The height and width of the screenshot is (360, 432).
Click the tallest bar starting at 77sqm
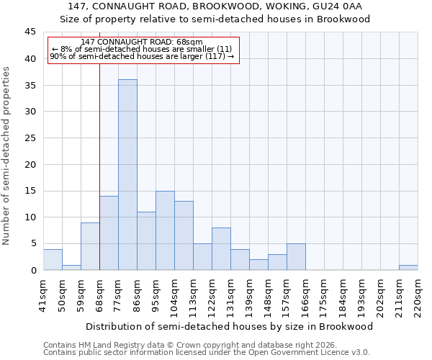(127, 175)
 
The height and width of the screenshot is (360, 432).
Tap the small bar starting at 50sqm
(71, 267)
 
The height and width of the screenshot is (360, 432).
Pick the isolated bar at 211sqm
(408, 267)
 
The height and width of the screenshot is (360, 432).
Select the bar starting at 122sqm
(221, 248)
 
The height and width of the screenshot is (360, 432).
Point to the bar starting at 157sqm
(296, 256)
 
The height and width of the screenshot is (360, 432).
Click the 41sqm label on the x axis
(43, 296)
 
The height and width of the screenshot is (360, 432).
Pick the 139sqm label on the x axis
(249, 296)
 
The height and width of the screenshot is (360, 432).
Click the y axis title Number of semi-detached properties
(7, 156)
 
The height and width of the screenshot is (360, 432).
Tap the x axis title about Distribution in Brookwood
(230, 326)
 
